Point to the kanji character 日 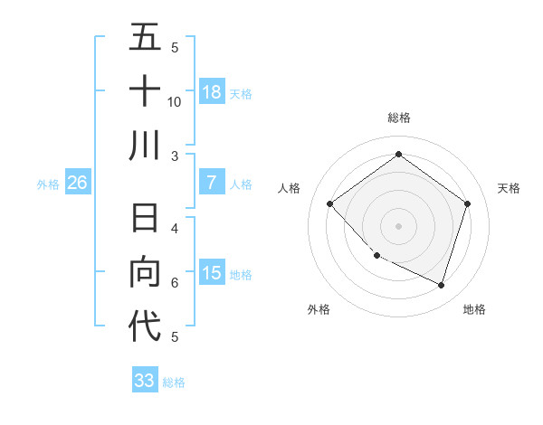coord(145,220)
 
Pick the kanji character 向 coord(145,272)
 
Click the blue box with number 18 coord(212,91)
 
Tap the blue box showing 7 coord(212,183)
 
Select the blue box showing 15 coord(212,273)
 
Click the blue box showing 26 coord(78,183)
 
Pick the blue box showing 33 coord(145,380)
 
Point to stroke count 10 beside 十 coord(175,101)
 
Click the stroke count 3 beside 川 coord(175,156)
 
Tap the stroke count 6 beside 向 coord(175,283)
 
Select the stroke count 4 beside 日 coord(175,229)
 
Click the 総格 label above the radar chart coord(398,118)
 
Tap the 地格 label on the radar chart coord(474,309)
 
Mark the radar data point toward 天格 coord(467,203)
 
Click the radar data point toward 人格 coord(330,203)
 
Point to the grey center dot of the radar coord(398,225)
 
